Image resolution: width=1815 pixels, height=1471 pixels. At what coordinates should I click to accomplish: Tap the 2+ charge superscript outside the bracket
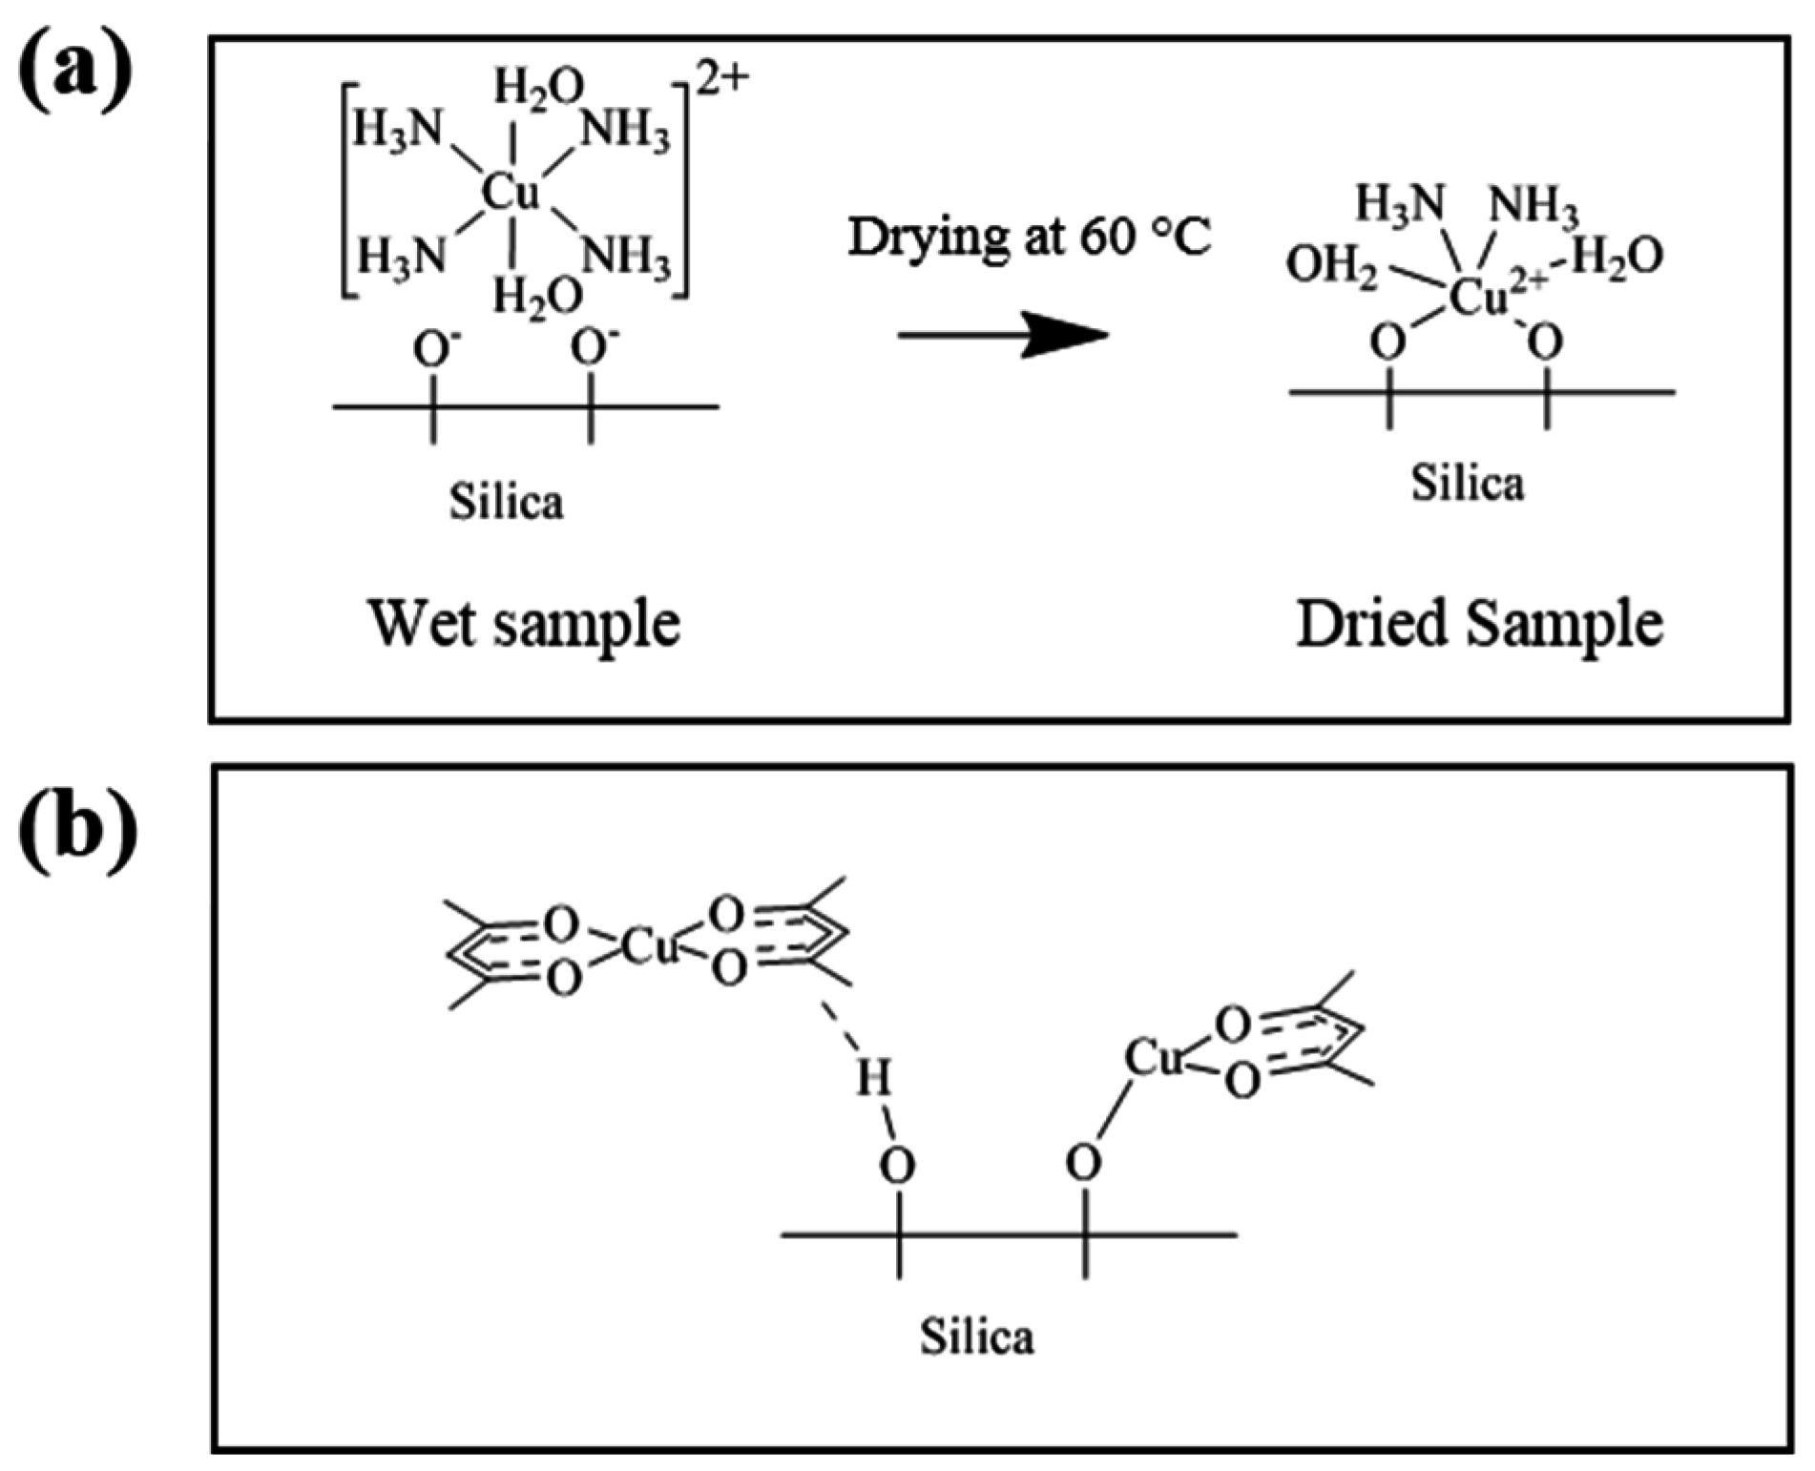click(x=721, y=81)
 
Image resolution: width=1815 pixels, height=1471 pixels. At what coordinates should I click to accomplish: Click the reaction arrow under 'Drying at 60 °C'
click(x=1002, y=335)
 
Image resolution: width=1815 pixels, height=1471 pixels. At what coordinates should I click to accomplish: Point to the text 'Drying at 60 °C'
click(x=1029, y=238)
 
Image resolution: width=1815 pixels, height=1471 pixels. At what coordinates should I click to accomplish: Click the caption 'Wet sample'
click(x=524, y=624)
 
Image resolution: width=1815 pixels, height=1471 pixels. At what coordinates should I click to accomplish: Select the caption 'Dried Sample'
click(x=1479, y=624)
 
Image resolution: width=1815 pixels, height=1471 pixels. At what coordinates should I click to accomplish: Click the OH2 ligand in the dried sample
click(x=1331, y=265)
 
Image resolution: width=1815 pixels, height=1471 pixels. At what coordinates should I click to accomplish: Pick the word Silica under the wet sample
click(x=506, y=501)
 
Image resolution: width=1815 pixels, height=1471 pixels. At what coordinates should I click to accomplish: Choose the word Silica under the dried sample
click(x=1468, y=483)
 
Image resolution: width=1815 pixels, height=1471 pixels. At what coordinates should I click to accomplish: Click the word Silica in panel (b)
click(x=976, y=1336)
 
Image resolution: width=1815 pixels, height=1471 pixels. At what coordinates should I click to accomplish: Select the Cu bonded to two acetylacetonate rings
click(x=648, y=947)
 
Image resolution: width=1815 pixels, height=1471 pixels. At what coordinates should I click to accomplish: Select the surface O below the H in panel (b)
click(x=896, y=1165)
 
